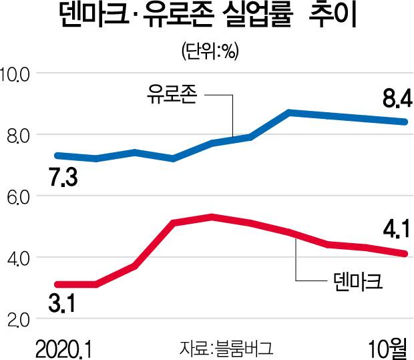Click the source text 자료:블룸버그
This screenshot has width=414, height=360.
[x=227, y=348]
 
